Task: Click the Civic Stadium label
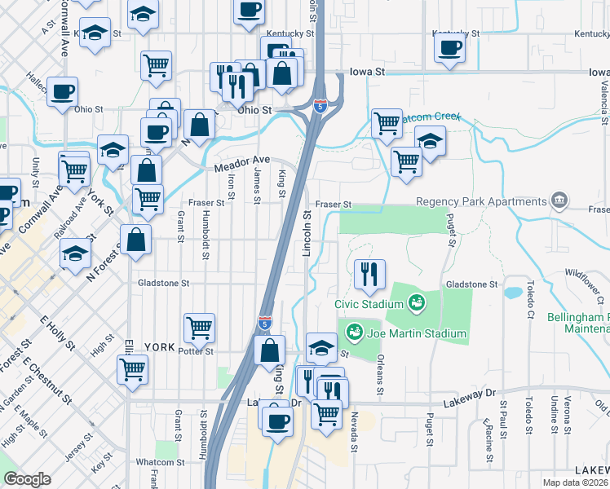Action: tap(369, 304)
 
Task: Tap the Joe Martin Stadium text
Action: tap(416, 333)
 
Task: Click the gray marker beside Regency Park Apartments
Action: tap(559, 200)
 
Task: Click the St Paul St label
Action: tap(504, 418)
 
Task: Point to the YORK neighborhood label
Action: tap(159, 346)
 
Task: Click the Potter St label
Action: tap(197, 351)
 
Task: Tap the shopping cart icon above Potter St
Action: tap(200, 328)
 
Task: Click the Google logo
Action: tap(27, 479)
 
